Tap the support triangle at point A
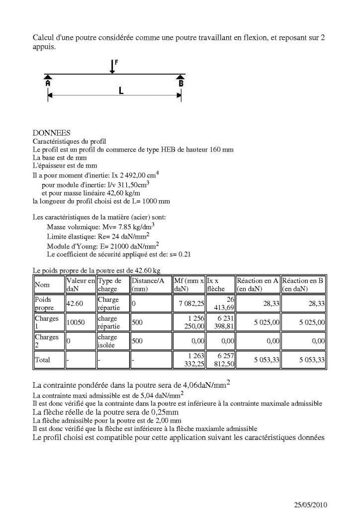coord(48,77)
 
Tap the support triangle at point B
coord(180,77)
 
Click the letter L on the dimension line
coord(121,91)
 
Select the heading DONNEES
coord(51,133)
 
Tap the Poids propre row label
coord(44,304)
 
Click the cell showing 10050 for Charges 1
coord(76,322)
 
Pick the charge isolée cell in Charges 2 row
coord(109,340)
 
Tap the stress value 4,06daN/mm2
coord(203,385)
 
